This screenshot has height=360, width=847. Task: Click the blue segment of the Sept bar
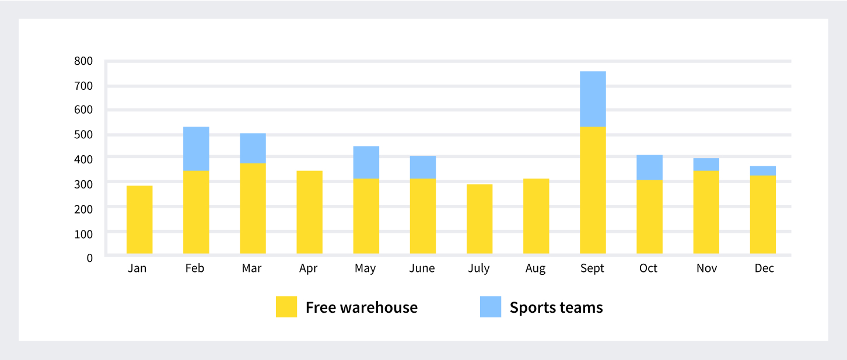593,99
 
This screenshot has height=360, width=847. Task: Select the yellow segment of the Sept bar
593,190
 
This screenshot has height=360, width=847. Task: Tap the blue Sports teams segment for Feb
196,149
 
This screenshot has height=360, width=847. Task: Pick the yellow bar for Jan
139,219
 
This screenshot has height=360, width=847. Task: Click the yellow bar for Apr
309,212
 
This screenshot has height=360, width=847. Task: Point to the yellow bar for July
480,219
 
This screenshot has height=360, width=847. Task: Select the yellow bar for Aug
536,216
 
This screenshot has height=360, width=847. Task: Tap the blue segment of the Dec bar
763,170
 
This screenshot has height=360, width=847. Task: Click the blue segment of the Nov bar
706,165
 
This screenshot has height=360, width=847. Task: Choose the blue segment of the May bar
366,162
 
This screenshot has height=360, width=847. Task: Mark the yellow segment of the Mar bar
253,208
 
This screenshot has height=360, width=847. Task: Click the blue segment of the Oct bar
649,167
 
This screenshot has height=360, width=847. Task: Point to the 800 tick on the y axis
83,61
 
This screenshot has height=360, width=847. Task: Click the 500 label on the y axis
83,134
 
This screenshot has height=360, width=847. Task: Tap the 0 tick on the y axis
89,257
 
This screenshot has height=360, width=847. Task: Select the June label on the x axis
422,268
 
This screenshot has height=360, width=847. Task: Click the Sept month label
592,268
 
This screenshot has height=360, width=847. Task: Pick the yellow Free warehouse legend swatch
286,307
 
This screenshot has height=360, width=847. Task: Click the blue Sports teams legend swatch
491,307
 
